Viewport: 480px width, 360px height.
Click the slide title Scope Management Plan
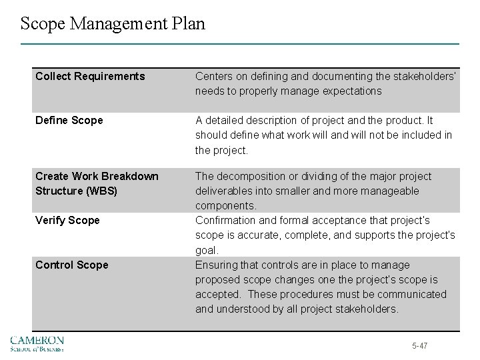tap(113, 24)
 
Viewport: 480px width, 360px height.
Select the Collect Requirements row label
tap(90, 76)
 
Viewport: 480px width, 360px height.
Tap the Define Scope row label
tap(69, 120)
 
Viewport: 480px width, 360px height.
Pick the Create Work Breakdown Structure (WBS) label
tap(97, 183)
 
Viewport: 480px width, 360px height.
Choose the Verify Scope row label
tap(67, 220)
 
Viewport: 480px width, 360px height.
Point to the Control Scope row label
tap(71, 265)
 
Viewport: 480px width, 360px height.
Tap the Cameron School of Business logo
tap(37, 343)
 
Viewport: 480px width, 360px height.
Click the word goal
tap(206, 250)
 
